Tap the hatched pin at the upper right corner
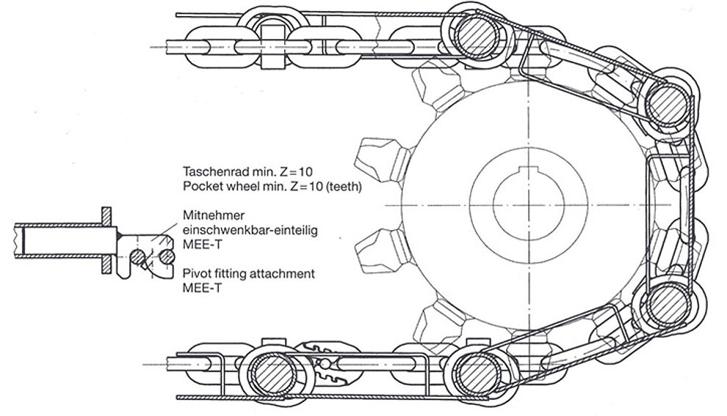click(668, 98)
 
